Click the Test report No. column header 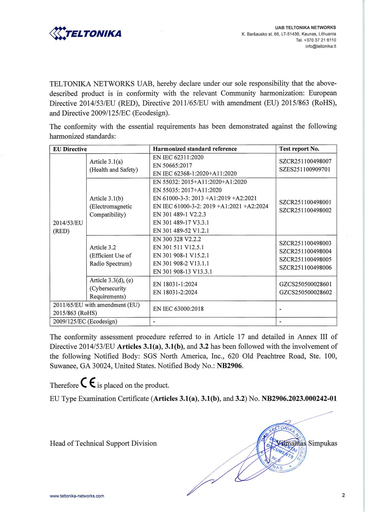pos(299,149)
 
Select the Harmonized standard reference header pos(195,149)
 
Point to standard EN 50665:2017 pos(173,166)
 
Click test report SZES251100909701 pos(305,169)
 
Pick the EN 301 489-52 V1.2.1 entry pos(181,231)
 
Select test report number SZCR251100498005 pos(305,259)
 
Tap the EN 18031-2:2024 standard pos(175,292)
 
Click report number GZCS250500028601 pos(305,284)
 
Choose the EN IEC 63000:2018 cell pos(178,309)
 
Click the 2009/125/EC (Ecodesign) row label pos(85,321)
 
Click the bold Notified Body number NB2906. pos(230,366)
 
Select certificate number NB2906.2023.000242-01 pos(299,399)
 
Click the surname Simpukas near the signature pos(322,443)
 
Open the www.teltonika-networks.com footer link pos(77,496)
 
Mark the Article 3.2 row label pos(103,247)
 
